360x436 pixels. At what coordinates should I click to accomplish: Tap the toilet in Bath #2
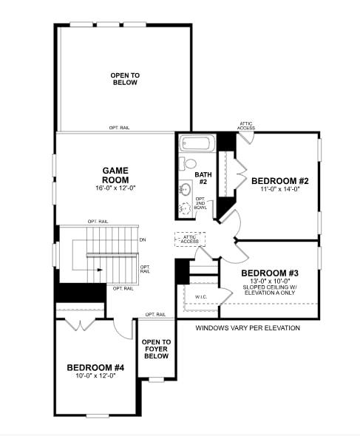pyautogui.click(x=189, y=163)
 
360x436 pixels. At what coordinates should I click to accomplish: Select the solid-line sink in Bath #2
pyautogui.click(x=185, y=188)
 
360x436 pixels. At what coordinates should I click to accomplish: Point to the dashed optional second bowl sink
pyautogui.click(x=185, y=208)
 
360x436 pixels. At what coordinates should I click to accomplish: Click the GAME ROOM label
pyautogui.click(x=115, y=175)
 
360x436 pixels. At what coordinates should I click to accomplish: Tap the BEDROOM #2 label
pyautogui.click(x=279, y=181)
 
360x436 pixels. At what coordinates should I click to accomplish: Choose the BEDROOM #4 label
pyautogui.click(x=96, y=367)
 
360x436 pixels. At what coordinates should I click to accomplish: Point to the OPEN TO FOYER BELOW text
pyautogui.click(x=156, y=349)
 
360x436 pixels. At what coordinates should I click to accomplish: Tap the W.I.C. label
pyautogui.click(x=200, y=298)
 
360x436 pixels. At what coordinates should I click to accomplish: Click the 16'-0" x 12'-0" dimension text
pyautogui.click(x=115, y=188)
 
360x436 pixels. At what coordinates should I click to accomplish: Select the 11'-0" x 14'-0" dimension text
pyautogui.click(x=279, y=190)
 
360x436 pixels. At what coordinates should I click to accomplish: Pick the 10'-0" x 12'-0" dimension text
pyautogui.click(x=96, y=376)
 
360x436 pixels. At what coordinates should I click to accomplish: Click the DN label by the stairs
pyautogui.click(x=143, y=239)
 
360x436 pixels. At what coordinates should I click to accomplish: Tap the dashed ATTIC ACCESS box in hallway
pyautogui.click(x=190, y=239)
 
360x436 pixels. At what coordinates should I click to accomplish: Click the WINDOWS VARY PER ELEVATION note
pyautogui.click(x=248, y=328)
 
